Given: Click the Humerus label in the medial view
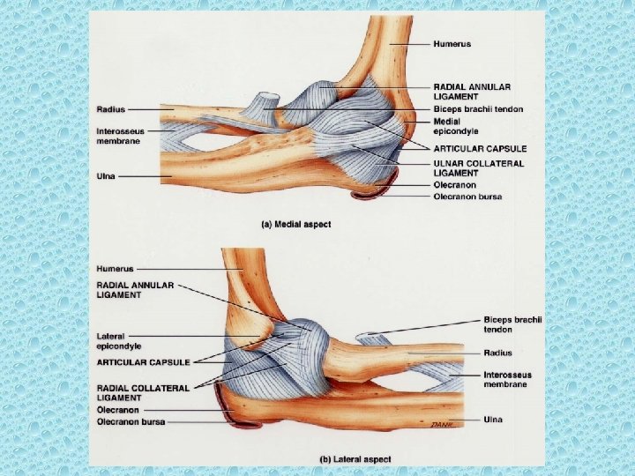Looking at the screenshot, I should pos(452,43).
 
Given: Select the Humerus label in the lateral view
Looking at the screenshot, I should pos(116,268).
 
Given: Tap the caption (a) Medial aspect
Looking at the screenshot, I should pos(295,225).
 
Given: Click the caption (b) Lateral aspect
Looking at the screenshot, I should pos(355,459).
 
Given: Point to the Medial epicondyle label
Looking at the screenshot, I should pos(455,126).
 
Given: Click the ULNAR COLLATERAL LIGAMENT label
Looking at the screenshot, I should pos(478,167).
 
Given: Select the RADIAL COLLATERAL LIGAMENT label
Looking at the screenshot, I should pos(142,393).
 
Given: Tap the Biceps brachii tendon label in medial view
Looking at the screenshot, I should pos(478,109).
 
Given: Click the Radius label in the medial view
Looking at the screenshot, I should pos(110,109).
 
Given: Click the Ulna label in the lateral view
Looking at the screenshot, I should pos(493,420).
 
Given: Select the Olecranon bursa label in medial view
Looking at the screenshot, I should pos(467,197).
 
